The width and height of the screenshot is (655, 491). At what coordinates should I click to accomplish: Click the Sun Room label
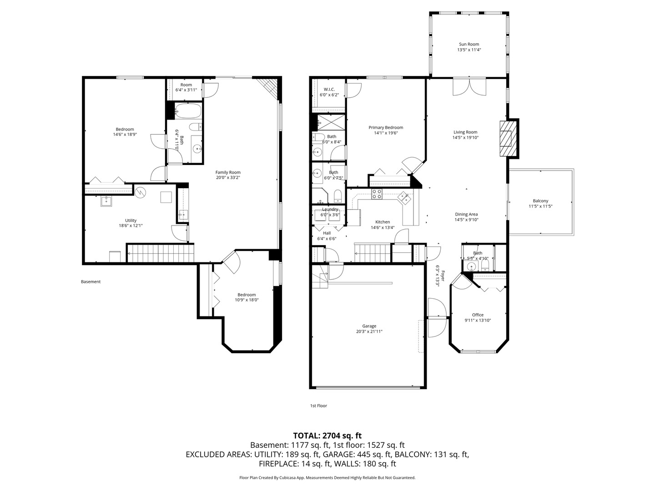pos(469,44)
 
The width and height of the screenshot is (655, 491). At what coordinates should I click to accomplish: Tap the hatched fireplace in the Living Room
pos(508,138)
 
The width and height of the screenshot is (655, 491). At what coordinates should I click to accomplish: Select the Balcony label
pos(540,201)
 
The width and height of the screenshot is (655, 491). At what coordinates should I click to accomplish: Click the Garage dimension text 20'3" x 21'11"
pos(369,331)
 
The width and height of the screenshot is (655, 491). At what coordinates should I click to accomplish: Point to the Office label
pos(478,315)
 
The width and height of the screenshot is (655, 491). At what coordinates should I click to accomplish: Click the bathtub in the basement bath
pos(188,110)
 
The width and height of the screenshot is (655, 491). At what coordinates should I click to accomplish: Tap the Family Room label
pos(228,172)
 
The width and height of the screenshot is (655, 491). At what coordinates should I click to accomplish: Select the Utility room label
pos(131,220)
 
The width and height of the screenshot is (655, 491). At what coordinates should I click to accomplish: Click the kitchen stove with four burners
pos(377,194)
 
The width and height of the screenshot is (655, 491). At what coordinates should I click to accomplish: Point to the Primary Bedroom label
pos(386,128)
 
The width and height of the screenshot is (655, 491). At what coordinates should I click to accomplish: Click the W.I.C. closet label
pos(329,90)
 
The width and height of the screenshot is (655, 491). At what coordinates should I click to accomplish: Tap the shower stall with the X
pos(331,122)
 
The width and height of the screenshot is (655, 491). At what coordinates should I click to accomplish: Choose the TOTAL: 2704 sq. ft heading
pos(327,436)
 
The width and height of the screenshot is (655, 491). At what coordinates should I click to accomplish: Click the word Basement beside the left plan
pos(91,282)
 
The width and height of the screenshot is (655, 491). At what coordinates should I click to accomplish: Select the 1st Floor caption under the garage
pos(318,406)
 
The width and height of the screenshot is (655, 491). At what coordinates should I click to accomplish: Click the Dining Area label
pos(466,214)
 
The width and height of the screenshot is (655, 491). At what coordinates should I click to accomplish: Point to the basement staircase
pos(161,253)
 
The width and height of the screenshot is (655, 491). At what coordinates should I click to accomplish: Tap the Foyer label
pos(443,276)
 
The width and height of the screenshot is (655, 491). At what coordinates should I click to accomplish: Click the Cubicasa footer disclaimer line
pos(327,477)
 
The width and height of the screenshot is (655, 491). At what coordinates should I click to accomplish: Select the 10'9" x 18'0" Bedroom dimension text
pos(247,300)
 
